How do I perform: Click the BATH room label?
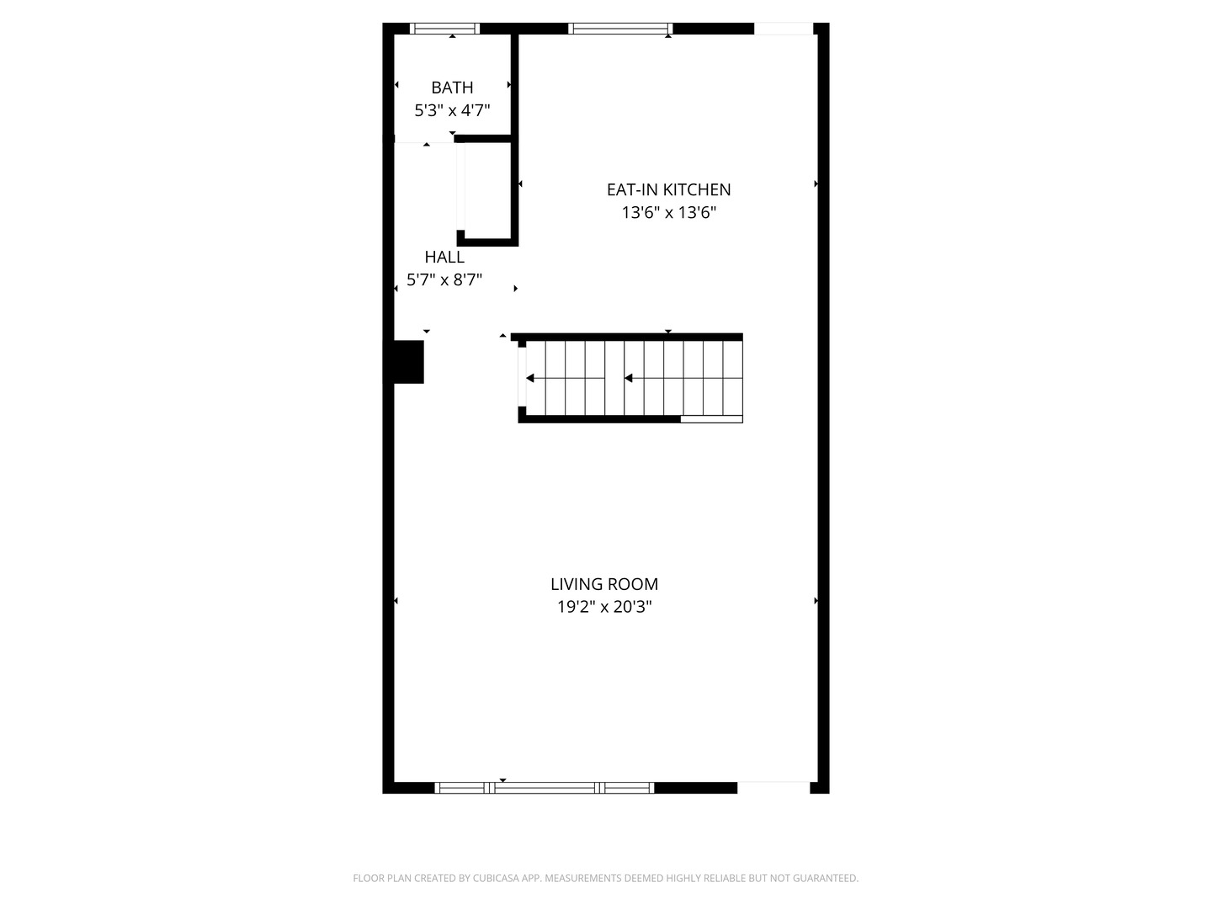452,88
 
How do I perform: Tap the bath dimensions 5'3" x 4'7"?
452,110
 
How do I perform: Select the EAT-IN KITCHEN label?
668,190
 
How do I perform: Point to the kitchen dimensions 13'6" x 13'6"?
668,212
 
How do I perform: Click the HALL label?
444,258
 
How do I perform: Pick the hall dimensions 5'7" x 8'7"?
444,279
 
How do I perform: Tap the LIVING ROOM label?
604,584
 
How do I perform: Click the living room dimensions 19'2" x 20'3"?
604,607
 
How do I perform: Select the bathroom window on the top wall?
444,29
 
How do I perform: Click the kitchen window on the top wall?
620,29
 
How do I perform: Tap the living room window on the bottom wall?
544,788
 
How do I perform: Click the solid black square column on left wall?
407,362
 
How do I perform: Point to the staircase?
630,378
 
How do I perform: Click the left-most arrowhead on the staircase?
530,378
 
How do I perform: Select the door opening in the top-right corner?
784,29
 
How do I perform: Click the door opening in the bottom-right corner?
773,788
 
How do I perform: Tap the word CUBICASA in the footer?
496,878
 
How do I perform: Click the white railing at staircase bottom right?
711,419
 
